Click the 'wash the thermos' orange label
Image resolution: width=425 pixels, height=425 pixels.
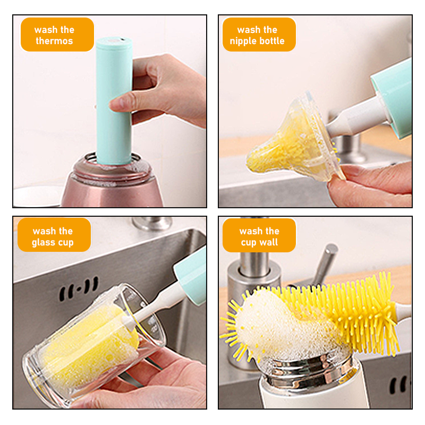tap(57, 35)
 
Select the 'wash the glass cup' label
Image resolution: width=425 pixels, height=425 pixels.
tap(53, 236)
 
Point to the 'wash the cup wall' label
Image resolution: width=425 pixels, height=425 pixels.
tap(259, 236)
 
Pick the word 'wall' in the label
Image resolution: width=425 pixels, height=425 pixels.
tap(269, 243)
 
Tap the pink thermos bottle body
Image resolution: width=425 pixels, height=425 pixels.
tap(112, 186)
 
